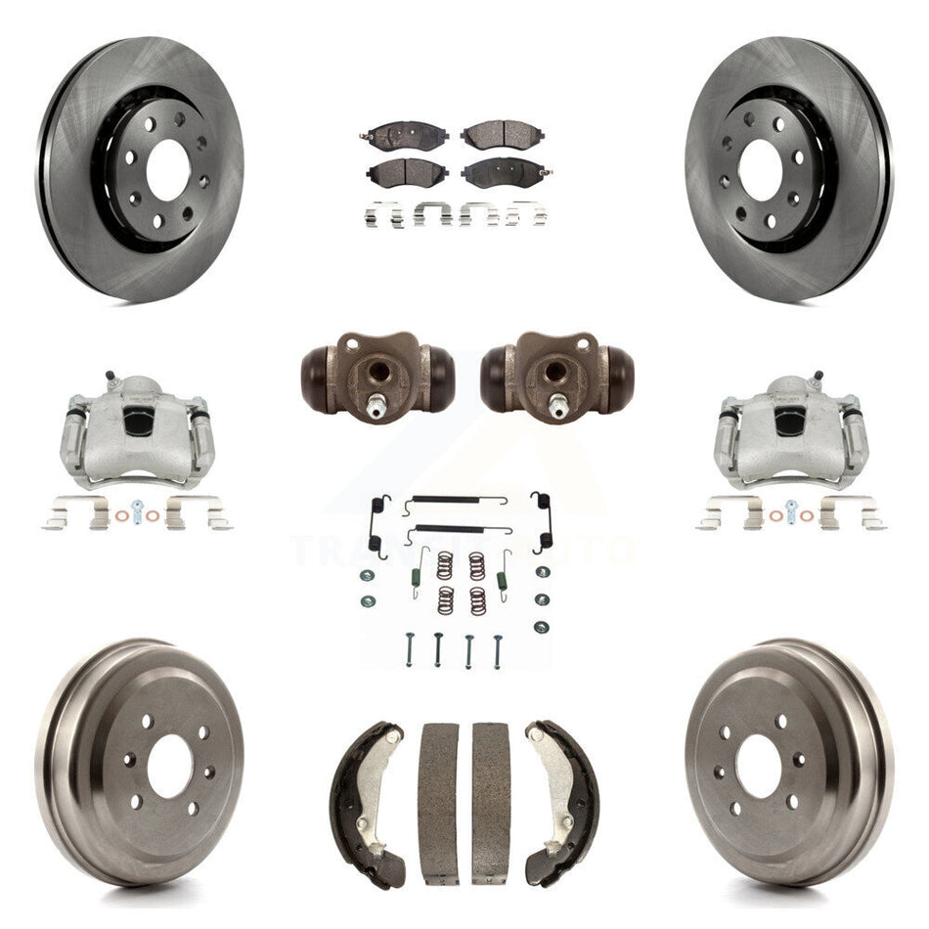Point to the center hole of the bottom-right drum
tap(758, 760)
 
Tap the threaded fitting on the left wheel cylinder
tap(376, 404)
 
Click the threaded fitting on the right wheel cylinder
tap(556, 404)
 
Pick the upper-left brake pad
tap(407, 136)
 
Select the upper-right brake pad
tap(501, 135)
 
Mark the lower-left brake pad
tap(408, 173)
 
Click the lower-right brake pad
tap(502, 173)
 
